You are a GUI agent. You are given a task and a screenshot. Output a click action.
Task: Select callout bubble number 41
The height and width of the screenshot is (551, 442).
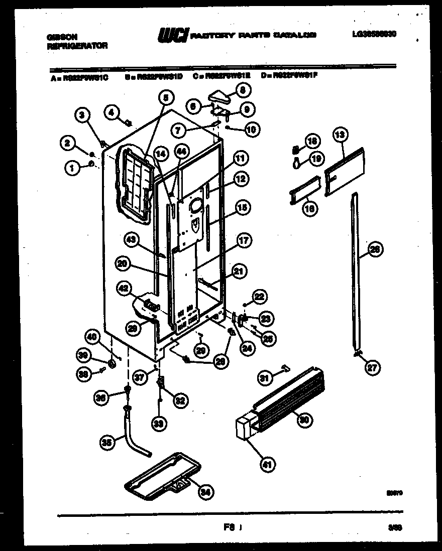tap(267, 465)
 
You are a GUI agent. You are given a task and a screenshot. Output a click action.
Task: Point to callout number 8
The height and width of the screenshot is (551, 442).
tap(243, 91)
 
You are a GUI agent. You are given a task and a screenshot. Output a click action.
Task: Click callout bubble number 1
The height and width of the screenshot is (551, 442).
tap(72, 169)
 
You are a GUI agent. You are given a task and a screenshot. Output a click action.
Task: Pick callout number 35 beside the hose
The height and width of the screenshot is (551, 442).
tap(105, 442)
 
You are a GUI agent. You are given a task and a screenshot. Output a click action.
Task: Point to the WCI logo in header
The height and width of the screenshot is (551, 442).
tap(173, 35)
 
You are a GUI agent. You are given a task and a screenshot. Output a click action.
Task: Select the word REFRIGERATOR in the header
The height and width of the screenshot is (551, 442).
tap(77, 45)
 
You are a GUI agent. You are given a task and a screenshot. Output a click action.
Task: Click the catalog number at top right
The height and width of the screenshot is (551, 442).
tap(378, 36)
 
